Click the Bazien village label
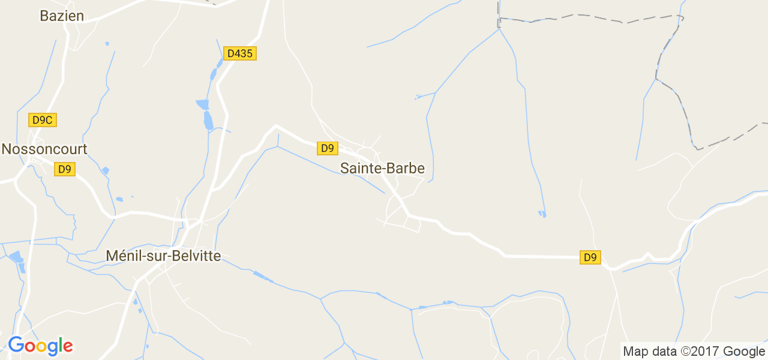[62, 16]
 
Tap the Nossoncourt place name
[44, 149]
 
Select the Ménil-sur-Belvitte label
[163, 256]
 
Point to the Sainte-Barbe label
[382, 169]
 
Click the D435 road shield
[240, 53]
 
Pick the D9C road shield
[43, 120]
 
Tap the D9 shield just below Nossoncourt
[64, 169]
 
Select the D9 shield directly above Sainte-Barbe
[327, 148]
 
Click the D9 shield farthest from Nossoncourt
[590, 257]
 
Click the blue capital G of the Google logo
[16, 345]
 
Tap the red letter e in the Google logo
[67, 346]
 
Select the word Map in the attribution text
[635, 352]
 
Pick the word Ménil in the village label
[123, 256]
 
